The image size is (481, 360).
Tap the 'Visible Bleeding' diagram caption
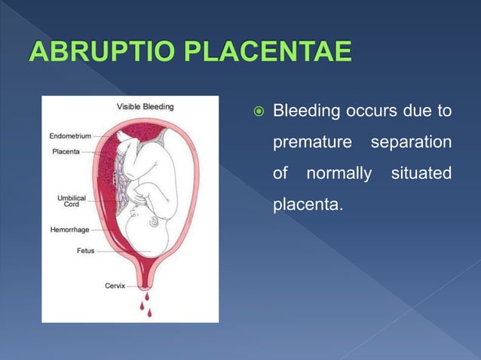[145, 107]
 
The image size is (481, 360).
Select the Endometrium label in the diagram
[70, 136]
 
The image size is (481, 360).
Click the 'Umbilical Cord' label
[71, 200]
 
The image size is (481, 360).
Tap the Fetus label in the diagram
[85, 251]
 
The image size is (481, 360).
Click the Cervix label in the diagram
[115, 285]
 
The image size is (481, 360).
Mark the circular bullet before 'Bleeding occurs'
[257, 113]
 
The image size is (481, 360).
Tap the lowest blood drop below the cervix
[149, 313]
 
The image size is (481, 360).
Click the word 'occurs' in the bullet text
[367, 112]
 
